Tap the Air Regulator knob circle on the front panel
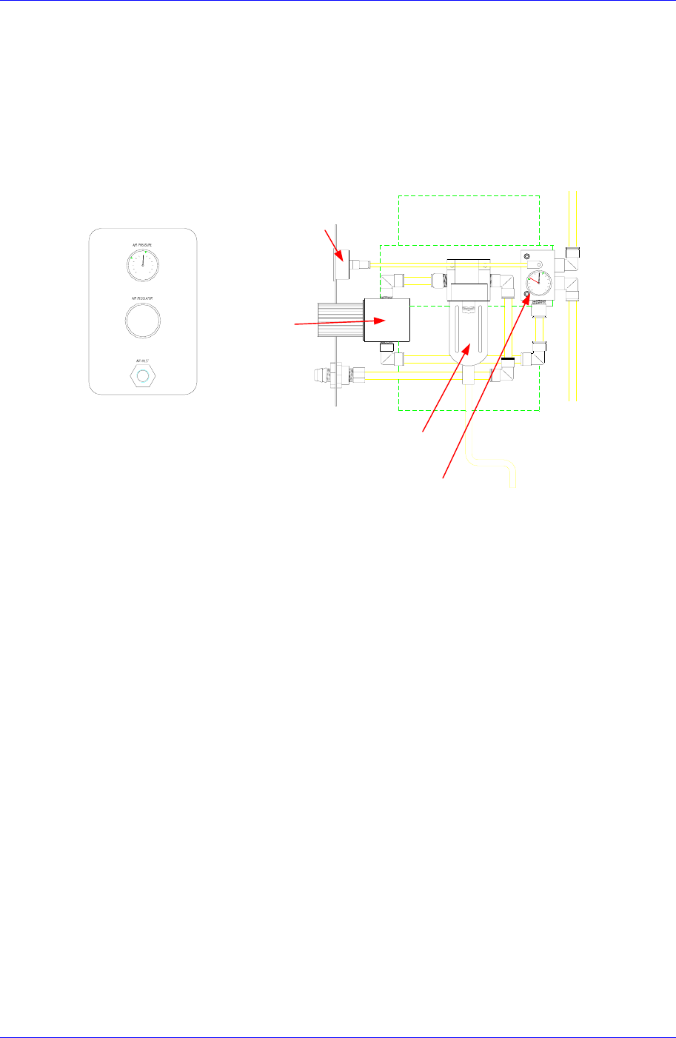point(142,319)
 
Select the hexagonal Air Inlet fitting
point(143,376)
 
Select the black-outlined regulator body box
point(387,320)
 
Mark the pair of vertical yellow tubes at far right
point(572,296)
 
